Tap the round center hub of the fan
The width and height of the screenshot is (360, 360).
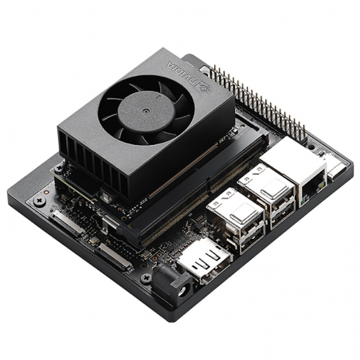coord(147,111)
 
